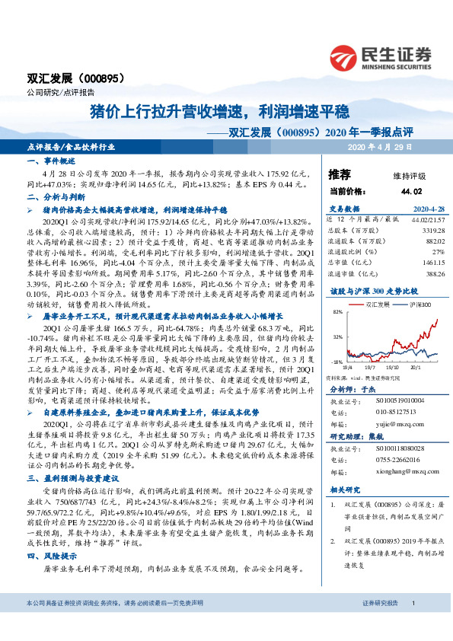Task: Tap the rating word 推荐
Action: coord(340,174)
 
